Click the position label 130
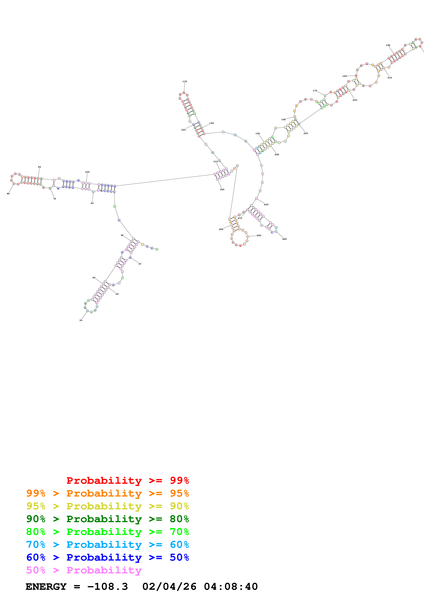pos(185,81)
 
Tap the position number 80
pos(8,194)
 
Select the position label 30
pos(81,320)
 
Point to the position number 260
pos(284,239)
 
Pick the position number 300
pos(222,190)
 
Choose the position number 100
pos(87,172)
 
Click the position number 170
pos(315,91)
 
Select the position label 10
pos(140,264)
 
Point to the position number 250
pos(266,205)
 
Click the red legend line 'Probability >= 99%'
pos(127,480)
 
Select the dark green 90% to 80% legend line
pos(107,519)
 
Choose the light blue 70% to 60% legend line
pos(107,545)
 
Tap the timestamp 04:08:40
pos(231,587)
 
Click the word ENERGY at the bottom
pos(46,587)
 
